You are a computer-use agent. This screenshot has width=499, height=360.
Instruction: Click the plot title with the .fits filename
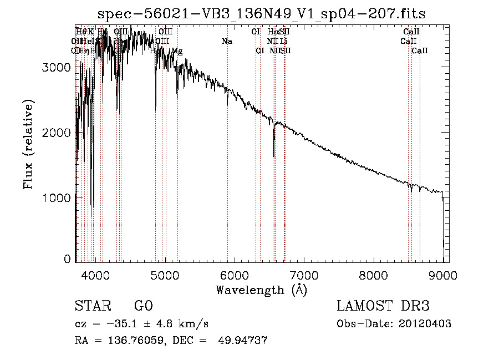pos(261,14)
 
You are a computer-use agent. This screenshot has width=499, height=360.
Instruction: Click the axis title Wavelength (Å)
pos(261,290)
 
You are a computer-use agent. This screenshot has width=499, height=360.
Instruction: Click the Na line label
pos(227,41)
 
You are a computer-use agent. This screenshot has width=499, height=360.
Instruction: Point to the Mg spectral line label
pos(177,51)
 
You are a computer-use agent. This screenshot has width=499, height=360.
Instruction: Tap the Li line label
pos(283,41)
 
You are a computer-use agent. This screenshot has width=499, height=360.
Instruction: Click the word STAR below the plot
pos(92,306)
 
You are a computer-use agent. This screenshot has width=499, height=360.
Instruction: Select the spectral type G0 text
pos(143,306)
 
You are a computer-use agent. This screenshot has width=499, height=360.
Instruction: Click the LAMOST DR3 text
pos(383,306)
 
